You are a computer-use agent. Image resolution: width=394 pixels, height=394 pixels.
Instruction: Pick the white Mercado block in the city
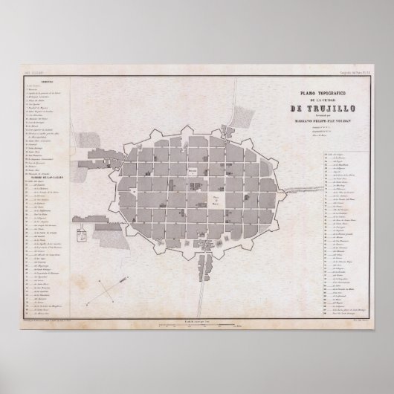click(191, 170)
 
